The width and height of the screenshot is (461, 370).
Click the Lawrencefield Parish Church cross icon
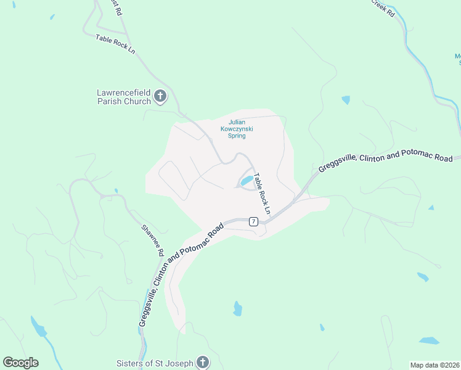(x=160, y=96)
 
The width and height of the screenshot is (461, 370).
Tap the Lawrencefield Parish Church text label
(x=123, y=97)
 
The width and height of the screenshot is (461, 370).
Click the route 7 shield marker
(x=253, y=221)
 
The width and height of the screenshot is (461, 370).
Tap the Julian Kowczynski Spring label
(x=237, y=129)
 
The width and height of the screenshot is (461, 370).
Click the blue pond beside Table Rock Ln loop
(x=247, y=181)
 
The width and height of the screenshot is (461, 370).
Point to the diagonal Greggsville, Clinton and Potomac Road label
(x=180, y=276)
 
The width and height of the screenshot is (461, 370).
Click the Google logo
(x=20, y=363)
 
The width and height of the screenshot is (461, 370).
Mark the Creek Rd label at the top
(x=383, y=7)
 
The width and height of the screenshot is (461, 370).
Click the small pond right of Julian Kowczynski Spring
(x=346, y=99)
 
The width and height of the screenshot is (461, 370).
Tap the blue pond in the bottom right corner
(x=429, y=340)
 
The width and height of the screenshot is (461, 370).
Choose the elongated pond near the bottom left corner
(x=38, y=327)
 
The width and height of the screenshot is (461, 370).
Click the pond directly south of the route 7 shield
(x=237, y=308)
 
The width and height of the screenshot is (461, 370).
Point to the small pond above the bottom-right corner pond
(x=422, y=277)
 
